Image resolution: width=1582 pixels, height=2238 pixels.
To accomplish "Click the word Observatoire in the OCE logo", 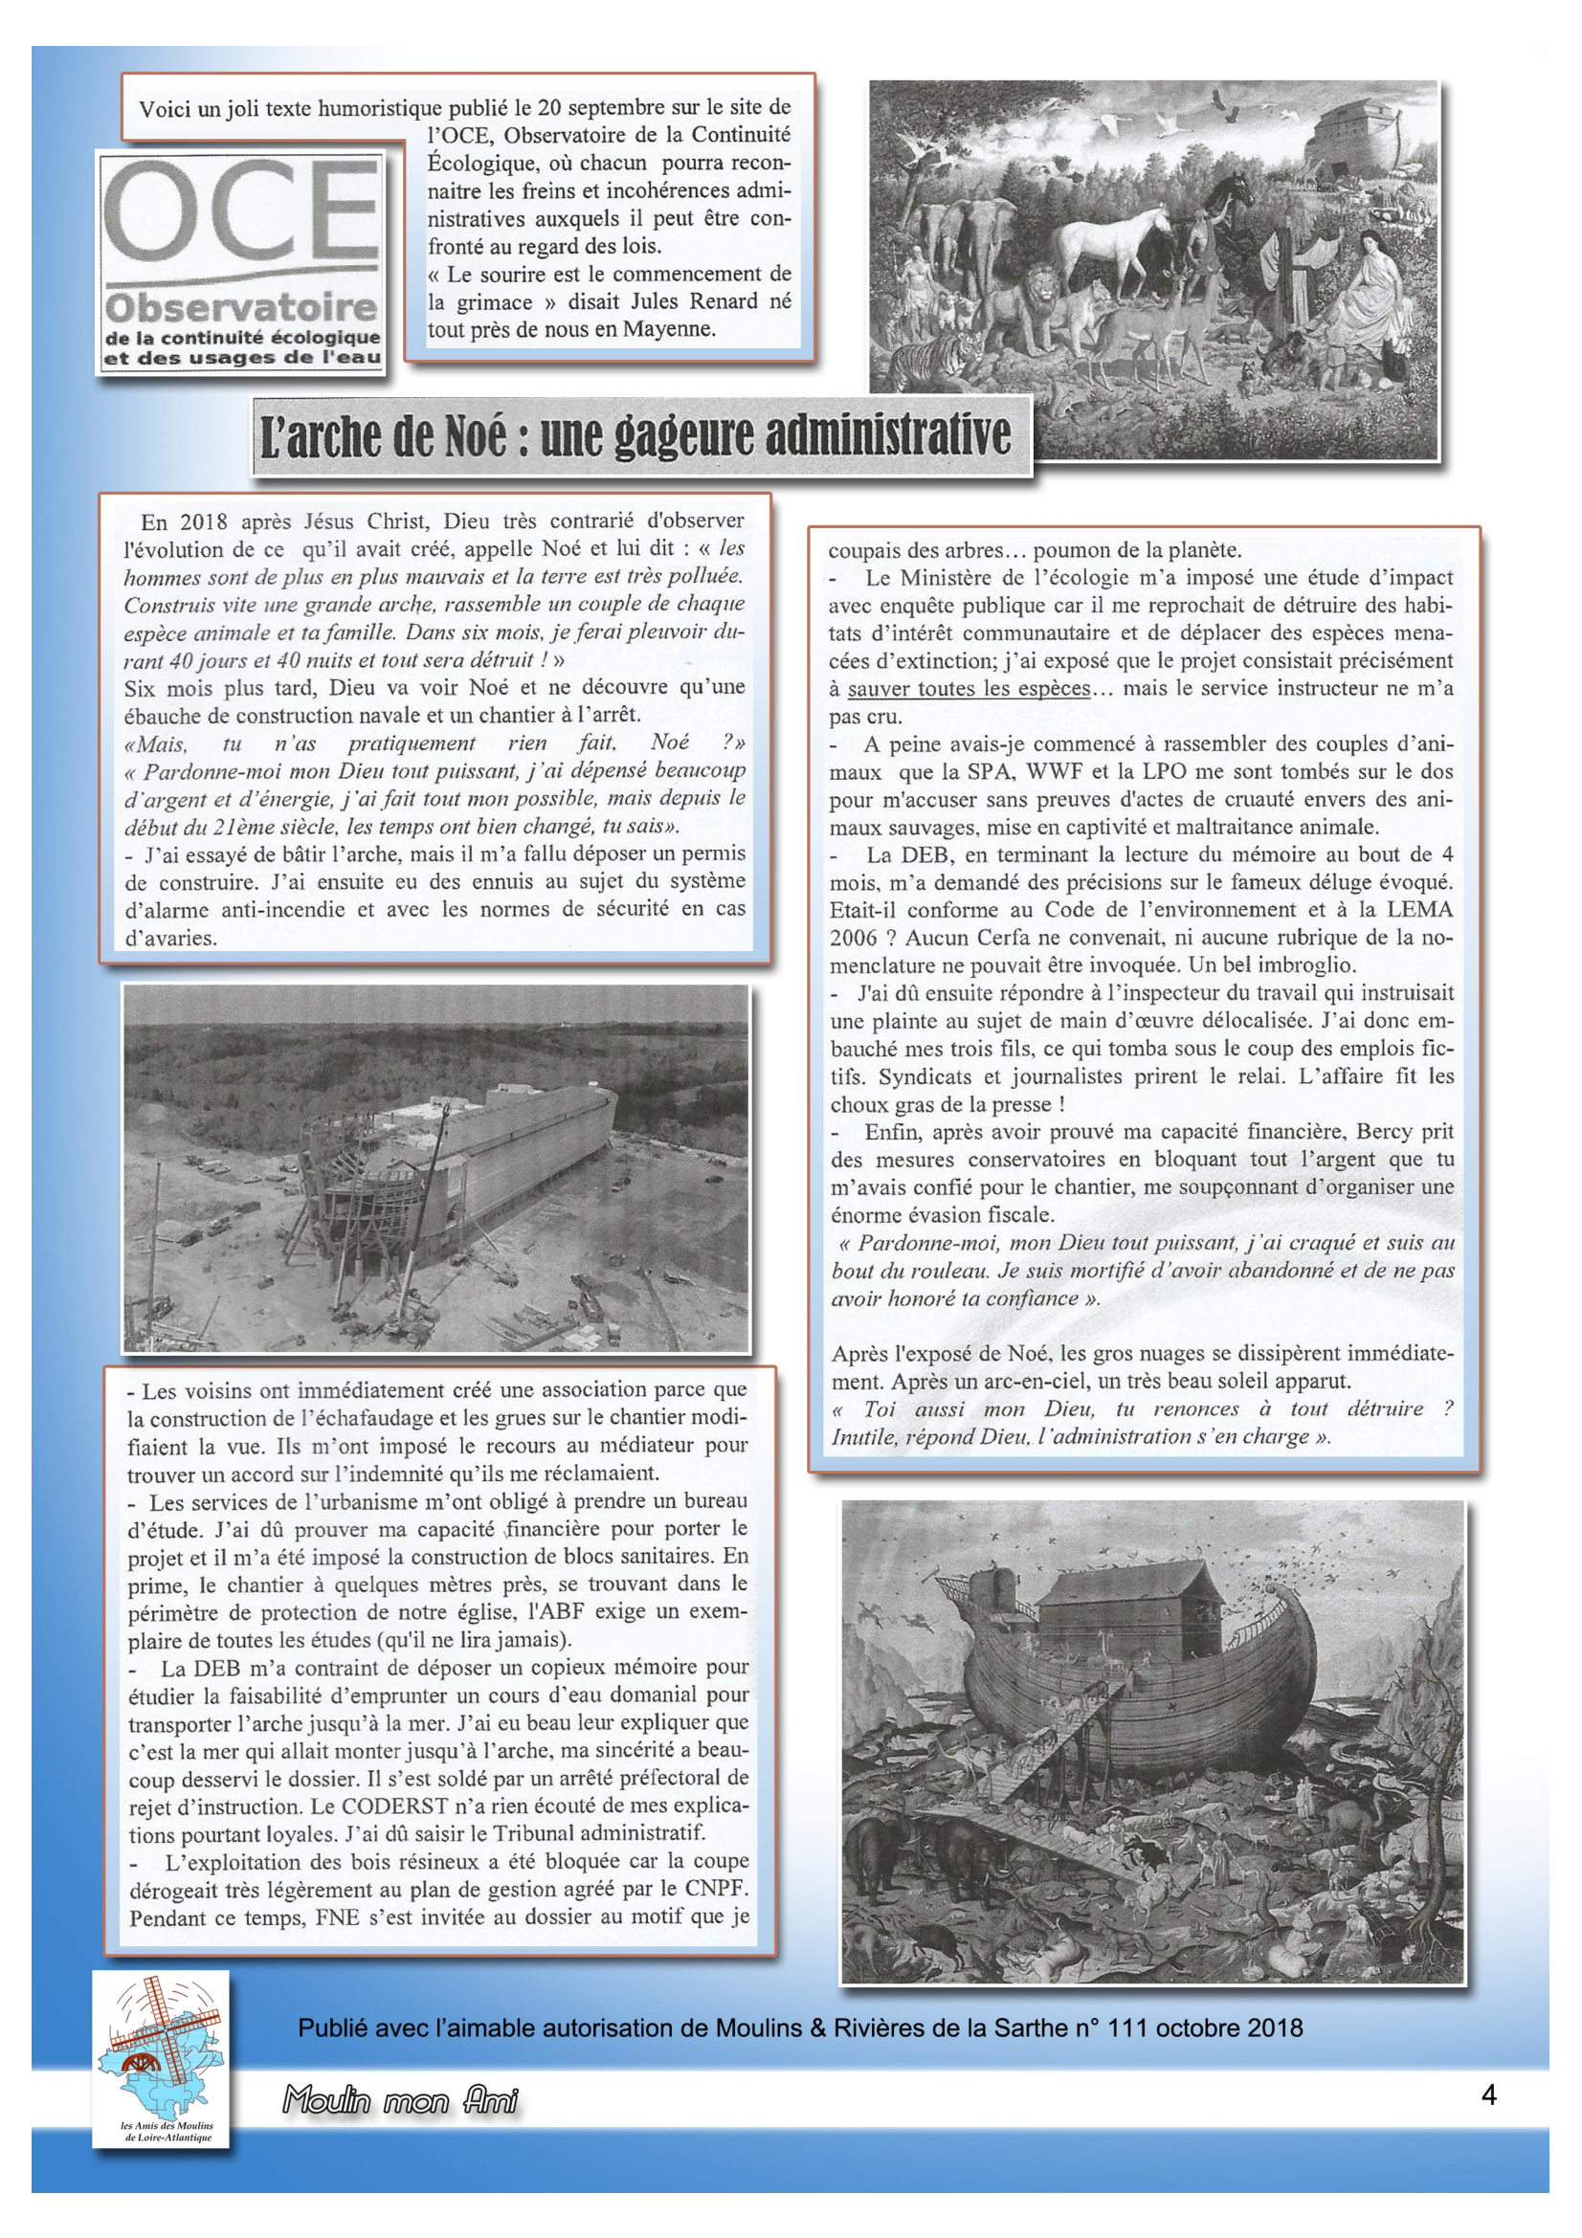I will tap(242, 308).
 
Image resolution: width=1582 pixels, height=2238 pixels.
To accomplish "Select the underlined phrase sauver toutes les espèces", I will tap(968, 688).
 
